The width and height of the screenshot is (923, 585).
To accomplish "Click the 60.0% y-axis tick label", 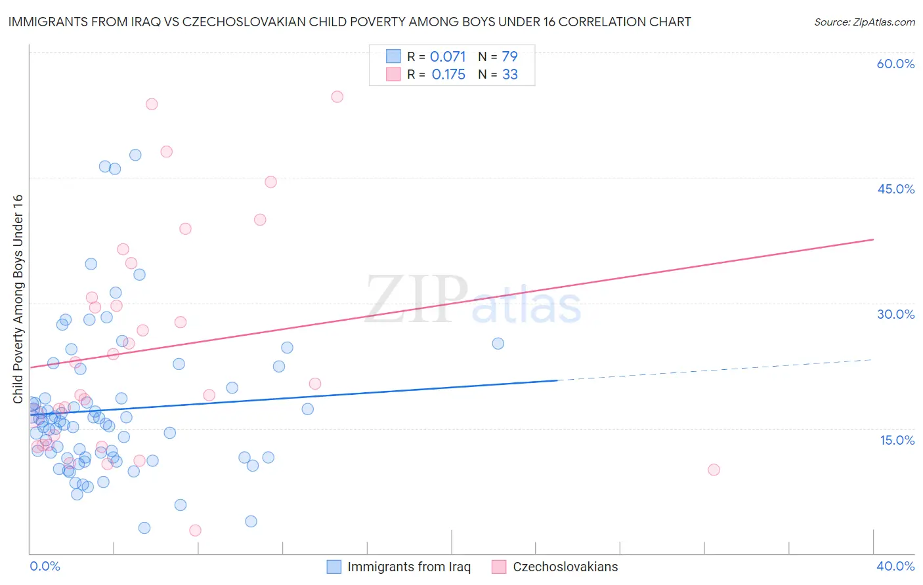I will coord(895,64).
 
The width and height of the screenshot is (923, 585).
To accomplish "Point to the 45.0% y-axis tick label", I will coord(895,189).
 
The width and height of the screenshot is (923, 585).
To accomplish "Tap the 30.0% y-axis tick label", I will coord(895,314).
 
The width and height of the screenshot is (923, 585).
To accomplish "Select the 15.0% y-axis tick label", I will coord(897,440).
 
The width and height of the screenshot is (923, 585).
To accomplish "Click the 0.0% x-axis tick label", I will coord(45,566).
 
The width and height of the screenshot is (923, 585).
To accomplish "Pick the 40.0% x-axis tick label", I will coord(895,566).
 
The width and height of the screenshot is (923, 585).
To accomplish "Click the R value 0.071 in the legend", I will coord(448,57).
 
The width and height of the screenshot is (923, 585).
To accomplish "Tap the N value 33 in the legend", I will coord(510,75).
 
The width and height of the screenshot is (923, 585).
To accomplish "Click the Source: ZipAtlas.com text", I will coord(864,22).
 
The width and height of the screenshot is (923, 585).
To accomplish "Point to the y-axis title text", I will coord(18,299).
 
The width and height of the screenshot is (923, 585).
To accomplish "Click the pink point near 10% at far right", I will coord(714,470).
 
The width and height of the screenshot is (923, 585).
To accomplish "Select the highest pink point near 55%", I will coord(337,96).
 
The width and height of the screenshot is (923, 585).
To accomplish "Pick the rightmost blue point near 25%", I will coord(498,344).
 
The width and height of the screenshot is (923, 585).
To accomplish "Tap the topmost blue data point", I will coord(135,155).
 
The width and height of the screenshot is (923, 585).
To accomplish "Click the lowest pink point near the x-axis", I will coord(195,530).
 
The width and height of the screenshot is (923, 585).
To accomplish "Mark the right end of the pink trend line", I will coord(873,239).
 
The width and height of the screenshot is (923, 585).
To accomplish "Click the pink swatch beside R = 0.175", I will coord(393,74).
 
